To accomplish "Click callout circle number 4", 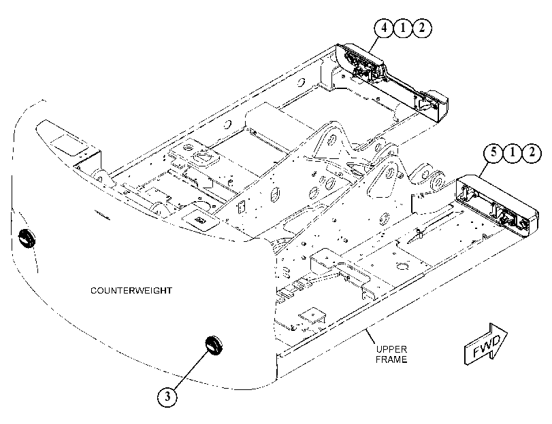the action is (x=384, y=27).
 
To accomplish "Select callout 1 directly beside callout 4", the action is (x=403, y=27).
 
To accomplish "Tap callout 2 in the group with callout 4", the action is (x=422, y=27).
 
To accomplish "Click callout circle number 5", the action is (x=493, y=153).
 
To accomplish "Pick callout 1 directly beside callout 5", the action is (x=513, y=153).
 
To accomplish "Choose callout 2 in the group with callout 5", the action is (x=532, y=153).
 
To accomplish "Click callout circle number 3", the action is (x=167, y=397).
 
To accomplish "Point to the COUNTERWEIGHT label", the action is (x=131, y=291).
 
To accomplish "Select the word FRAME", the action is (x=391, y=359).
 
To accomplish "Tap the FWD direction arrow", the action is (x=486, y=344).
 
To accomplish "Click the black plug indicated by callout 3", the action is (x=214, y=345).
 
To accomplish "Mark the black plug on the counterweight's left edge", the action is (x=27, y=238).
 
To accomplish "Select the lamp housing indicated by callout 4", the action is (x=391, y=83).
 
